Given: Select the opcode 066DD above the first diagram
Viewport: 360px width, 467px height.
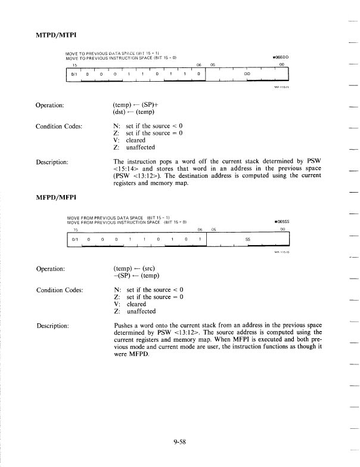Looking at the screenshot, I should point(280,57).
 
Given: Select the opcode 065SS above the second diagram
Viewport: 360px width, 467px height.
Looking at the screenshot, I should point(280,222).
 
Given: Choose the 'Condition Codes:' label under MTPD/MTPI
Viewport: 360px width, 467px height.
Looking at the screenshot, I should point(59,126).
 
